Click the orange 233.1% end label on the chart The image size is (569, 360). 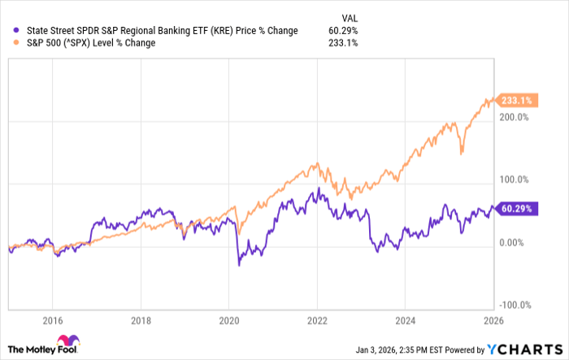click(x=515, y=101)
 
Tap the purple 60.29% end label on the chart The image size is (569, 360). click(x=515, y=209)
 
